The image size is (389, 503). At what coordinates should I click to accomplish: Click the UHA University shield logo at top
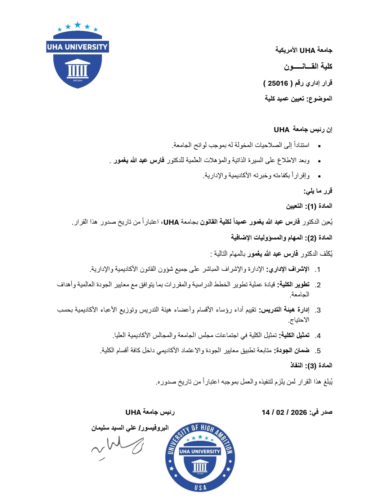[77, 56]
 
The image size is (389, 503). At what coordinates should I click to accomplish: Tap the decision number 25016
[278, 84]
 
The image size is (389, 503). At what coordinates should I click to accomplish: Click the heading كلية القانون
[308, 67]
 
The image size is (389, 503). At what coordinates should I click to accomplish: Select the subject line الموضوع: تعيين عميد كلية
[298, 99]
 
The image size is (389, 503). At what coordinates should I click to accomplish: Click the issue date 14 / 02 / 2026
[284, 412]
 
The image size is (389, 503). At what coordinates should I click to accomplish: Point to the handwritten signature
[117, 446]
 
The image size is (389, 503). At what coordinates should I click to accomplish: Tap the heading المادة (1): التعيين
[309, 206]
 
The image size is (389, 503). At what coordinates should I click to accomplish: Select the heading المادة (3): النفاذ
[311, 365]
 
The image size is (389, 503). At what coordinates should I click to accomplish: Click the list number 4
[318, 336]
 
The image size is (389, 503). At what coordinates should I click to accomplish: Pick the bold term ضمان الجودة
[292, 350]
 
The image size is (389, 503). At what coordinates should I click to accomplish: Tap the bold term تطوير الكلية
[293, 284]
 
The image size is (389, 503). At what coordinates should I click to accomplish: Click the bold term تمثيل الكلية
[293, 335]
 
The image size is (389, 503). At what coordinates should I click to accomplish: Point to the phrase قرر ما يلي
[318, 191]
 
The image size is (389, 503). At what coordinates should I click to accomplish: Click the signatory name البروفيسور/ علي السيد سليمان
[130, 428]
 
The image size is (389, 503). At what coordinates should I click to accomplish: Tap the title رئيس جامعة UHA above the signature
[150, 412]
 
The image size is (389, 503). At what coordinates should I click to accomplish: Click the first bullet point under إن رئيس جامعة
[319, 146]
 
